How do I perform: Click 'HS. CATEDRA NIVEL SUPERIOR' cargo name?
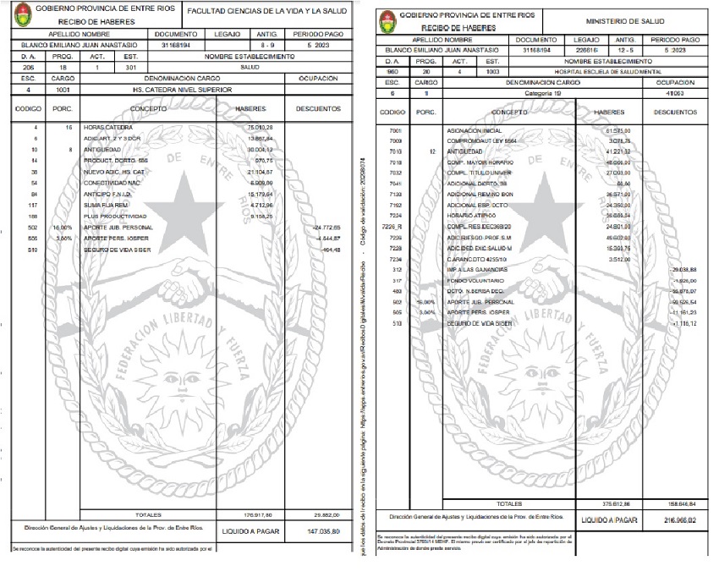coord(183,89)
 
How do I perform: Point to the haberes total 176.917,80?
coord(247,514)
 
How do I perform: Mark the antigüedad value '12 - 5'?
coord(627,51)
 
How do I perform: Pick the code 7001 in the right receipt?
coord(394,131)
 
